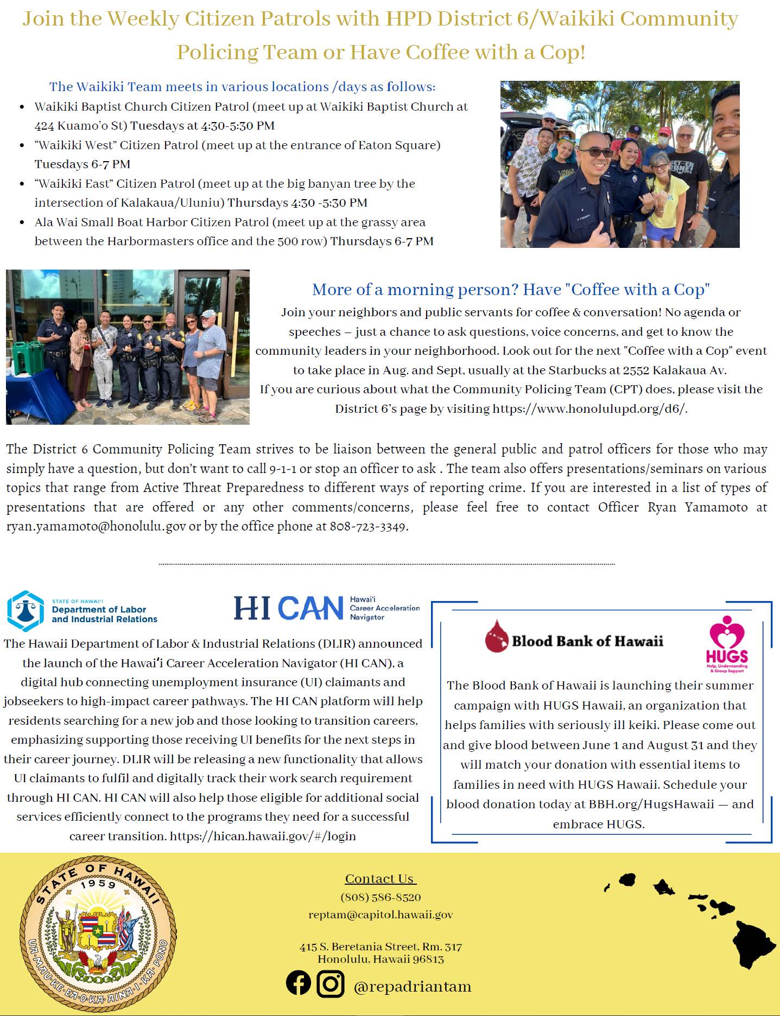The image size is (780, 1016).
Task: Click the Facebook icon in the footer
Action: pos(299,983)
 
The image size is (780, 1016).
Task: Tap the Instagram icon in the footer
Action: pos(330,983)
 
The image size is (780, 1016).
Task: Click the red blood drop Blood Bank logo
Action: pos(496,636)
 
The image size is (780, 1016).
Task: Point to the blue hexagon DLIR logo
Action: pos(25,611)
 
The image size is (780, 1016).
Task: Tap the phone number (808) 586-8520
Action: pos(381,897)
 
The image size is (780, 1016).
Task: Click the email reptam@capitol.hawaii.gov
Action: pos(381,915)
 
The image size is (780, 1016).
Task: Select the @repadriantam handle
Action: pos(412,986)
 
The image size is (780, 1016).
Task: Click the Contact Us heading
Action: pos(380,879)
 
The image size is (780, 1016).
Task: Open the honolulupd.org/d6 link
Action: pos(589,408)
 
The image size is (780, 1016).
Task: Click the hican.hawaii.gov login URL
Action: pos(263,836)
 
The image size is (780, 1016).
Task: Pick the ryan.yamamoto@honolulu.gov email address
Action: pos(96,526)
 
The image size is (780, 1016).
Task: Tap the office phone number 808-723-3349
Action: pos(368,526)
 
